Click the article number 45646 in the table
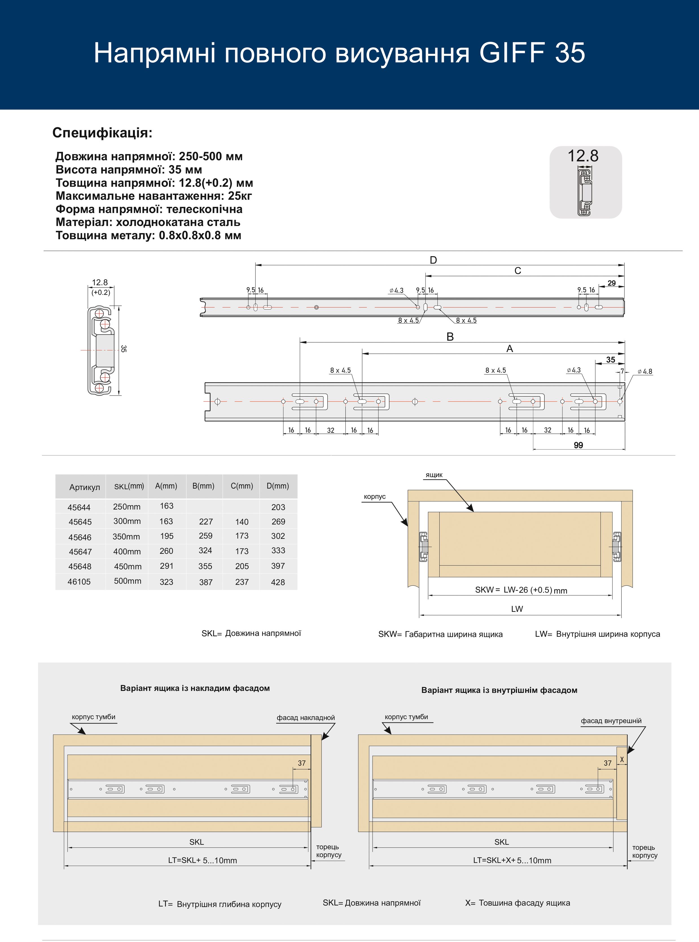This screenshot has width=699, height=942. pyautogui.click(x=80, y=537)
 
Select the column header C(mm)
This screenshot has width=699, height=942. pyautogui.click(x=242, y=486)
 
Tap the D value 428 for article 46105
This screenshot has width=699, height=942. pyautogui.click(x=278, y=582)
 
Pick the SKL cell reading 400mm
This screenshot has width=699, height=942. pyautogui.click(x=127, y=552)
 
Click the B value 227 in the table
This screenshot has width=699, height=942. pyautogui.click(x=206, y=522)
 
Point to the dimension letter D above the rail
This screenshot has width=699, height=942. pyautogui.click(x=433, y=260)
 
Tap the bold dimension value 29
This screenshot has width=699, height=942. pyautogui.click(x=612, y=283)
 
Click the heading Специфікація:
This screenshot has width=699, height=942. pyautogui.click(x=102, y=133)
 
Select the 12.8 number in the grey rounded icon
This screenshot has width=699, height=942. pyautogui.click(x=583, y=156)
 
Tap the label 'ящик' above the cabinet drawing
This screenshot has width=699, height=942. pyautogui.click(x=434, y=475)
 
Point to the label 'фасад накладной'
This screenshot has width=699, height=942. pyautogui.click(x=306, y=717)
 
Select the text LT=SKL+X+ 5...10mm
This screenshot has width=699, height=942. pyautogui.click(x=512, y=860)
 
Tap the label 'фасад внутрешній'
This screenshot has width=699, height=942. pyautogui.click(x=611, y=721)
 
